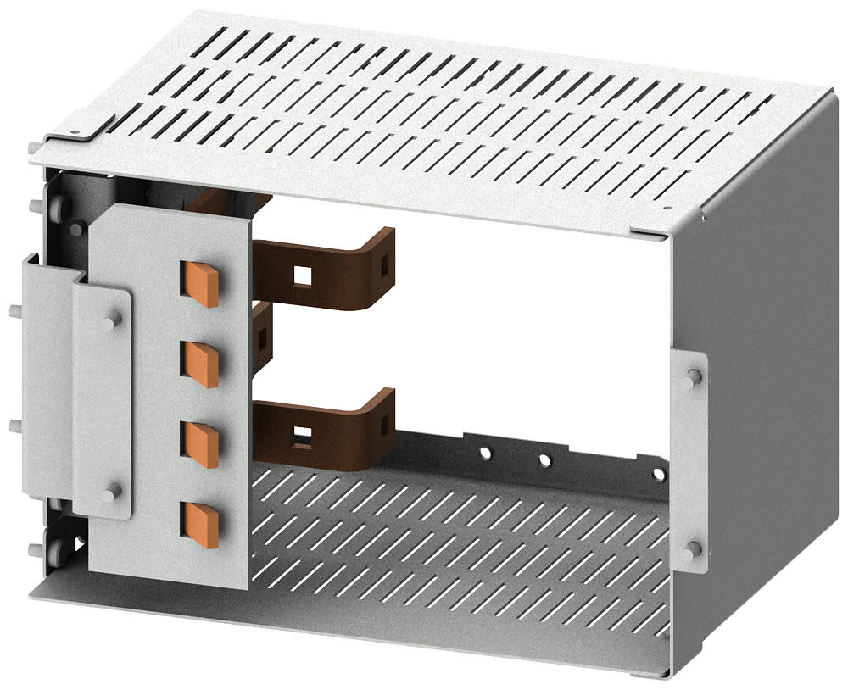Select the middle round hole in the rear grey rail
[544, 461]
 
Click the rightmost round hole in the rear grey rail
[657, 473]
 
